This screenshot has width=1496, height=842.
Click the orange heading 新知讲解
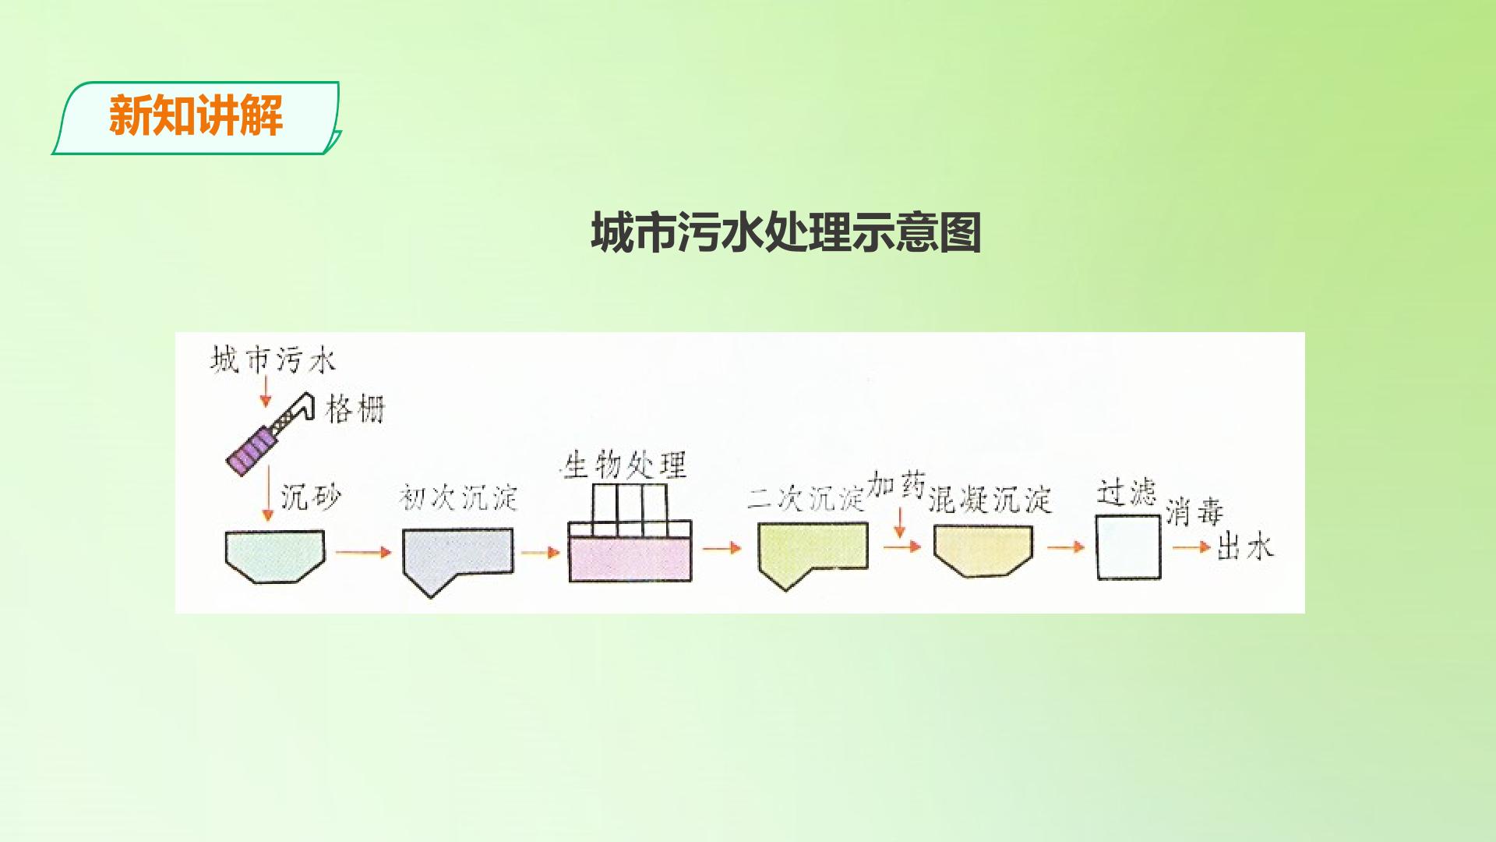pyautogui.click(x=196, y=116)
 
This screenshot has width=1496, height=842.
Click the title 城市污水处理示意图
pyautogui.click(x=785, y=232)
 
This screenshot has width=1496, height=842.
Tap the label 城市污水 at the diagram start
pyautogui.click(x=273, y=360)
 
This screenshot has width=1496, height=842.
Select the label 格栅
pyautogui.click(x=355, y=409)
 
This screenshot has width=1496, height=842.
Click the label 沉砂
pyautogui.click(x=311, y=497)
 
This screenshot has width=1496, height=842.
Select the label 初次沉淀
pyautogui.click(x=458, y=497)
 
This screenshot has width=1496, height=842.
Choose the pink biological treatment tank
pyautogui.click(x=630, y=560)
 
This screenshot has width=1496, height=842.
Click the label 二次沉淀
pyautogui.click(x=806, y=498)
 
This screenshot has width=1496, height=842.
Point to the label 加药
pyautogui.click(x=896, y=484)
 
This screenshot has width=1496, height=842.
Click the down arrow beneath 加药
pyautogui.click(x=900, y=522)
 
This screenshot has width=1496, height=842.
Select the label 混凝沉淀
pyautogui.click(x=990, y=500)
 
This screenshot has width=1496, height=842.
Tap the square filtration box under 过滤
pyautogui.click(x=1128, y=547)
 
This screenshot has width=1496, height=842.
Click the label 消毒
pyautogui.click(x=1194, y=512)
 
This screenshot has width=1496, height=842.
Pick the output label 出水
pyautogui.click(x=1245, y=547)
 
